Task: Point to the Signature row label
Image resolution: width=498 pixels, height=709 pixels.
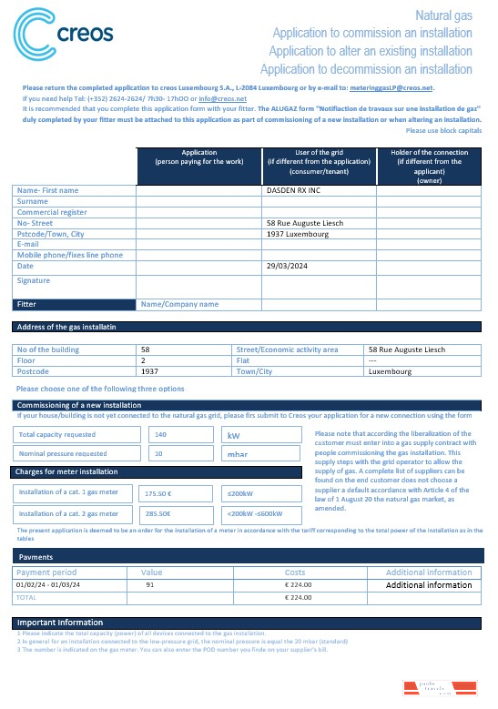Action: coord(33,281)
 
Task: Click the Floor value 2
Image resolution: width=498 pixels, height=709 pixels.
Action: coord(144,360)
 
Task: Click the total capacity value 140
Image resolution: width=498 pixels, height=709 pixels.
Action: coord(161,435)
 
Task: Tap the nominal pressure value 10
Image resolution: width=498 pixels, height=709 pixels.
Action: coord(159,453)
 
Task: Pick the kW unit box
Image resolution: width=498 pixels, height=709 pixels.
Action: coord(234,435)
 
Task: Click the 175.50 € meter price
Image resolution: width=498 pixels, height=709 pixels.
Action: coord(159,493)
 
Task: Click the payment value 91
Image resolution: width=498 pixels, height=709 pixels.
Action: coord(149,584)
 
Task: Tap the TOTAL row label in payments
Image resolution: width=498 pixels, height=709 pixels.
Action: coord(28,597)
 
